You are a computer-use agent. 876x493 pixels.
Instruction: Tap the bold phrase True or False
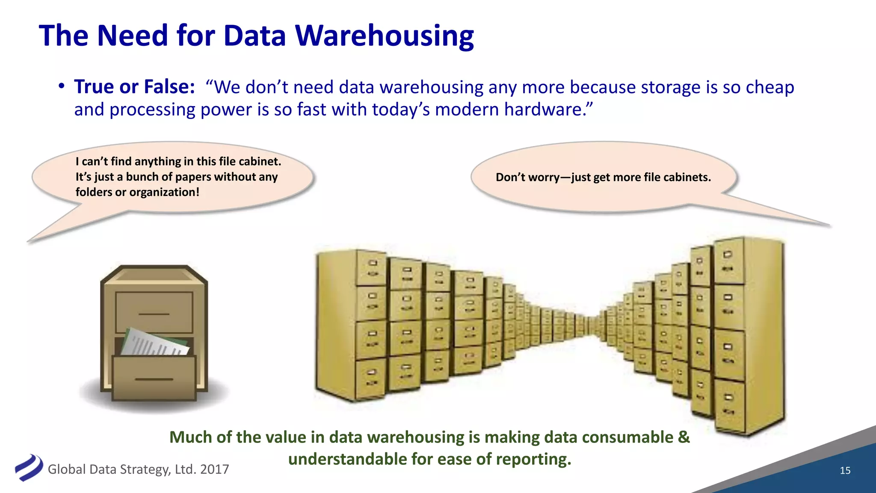tap(134, 86)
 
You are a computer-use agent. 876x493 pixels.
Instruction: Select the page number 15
tap(845, 470)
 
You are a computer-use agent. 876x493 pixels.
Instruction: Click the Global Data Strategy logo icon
tap(29, 467)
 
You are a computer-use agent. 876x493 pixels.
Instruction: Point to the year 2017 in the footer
tap(214, 469)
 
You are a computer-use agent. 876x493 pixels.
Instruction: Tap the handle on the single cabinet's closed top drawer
tap(154, 314)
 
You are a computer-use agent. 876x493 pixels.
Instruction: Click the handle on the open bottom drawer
tap(154, 379)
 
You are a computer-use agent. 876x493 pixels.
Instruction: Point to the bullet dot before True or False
tap(62, 86)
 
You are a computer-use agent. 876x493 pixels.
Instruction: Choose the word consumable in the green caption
tap(627, 437)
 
